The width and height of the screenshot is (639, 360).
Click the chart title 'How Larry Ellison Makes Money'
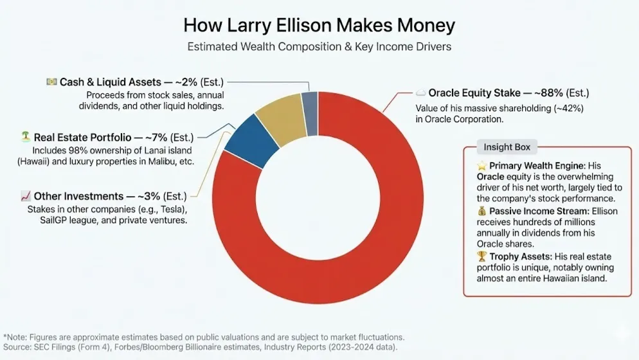tap(319, 25)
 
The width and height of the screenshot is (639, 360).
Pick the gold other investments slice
tap(280, 116)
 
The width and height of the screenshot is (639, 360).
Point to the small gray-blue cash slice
tap(310, 105)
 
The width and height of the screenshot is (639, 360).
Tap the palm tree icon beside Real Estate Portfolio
tap(26, 137)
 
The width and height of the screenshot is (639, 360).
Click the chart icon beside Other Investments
tap(26, 195)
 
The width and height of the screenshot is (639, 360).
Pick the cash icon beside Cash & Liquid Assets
tap(51, 82)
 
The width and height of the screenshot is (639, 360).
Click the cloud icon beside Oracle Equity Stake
tap(420, 93)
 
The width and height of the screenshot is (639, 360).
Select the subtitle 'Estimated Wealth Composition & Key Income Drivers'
tap(319, 47)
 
